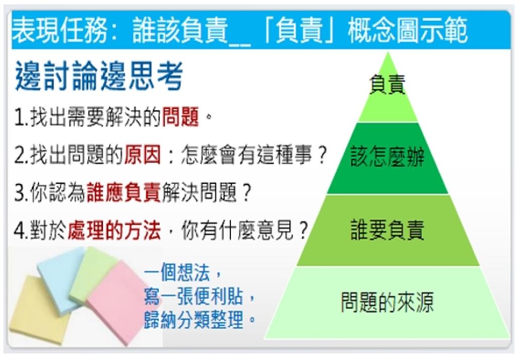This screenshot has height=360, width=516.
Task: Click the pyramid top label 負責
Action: click(x=387, y=85)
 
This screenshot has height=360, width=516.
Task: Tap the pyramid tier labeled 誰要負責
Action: click(x=387, y=230)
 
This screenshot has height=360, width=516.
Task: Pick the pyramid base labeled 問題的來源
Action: click(x=387, y=303)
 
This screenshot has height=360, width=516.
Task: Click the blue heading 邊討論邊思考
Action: click(x=99, y=77)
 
